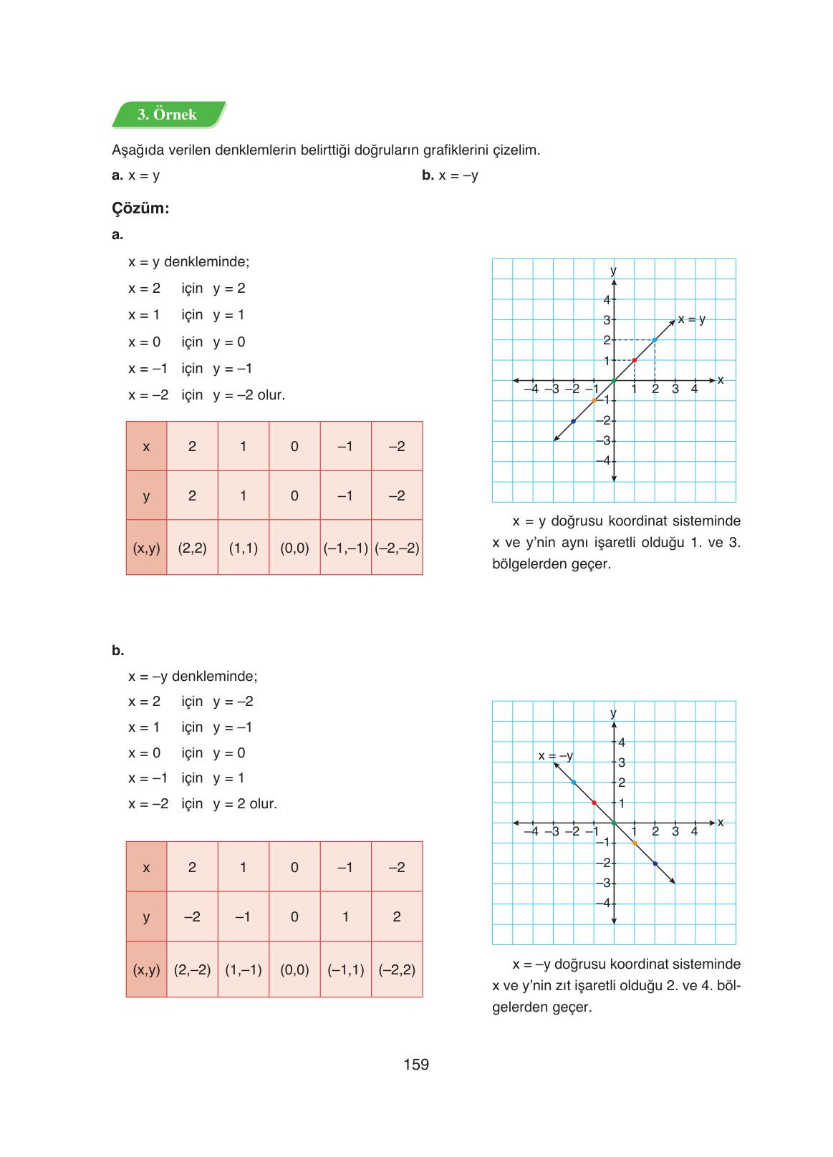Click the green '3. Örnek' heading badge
click(168, 115)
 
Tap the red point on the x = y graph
click(635, 360)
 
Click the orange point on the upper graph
click(594, 400)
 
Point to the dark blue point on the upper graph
click(574, 421)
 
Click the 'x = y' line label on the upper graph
click(692, 319)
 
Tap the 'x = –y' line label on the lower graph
click(555, 756)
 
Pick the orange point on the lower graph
click(635, 843)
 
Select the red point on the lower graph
click(594, 803)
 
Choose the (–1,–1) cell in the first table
click(346, 548)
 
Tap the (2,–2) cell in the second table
click(192, 970)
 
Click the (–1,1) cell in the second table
click(346, 970)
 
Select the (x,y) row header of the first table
click(146, 548)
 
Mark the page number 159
click(416, 1065)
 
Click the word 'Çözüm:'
click(140, 208)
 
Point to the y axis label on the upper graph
click(613, 271)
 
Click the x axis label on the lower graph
click(721, 823)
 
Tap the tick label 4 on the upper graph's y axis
click(607, 300)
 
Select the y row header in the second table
click(146, 917)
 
